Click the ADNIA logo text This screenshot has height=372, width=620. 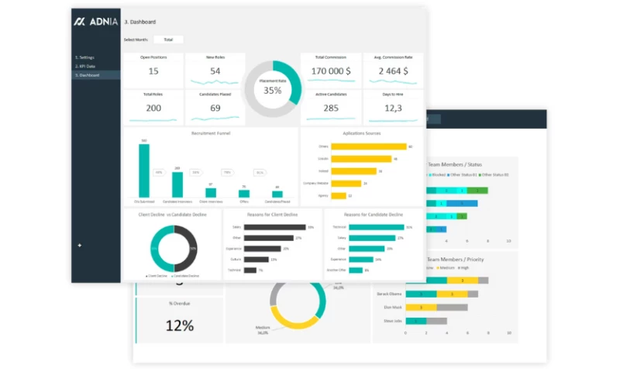point(100,22)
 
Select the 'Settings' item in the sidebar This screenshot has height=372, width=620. point(85,57)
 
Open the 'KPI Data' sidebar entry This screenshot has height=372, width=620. point(85,66)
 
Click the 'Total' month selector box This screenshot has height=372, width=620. point(168,40)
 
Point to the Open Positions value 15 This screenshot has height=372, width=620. point(153,71)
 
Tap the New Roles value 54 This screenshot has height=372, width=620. point(215,71)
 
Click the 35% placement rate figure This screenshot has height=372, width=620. point(273,90)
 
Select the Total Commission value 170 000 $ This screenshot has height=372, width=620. point(331,71)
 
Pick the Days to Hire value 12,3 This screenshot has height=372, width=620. point(394,108)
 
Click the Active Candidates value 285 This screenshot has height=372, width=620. point(331,108)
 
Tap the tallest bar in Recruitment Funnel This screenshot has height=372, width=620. point(144,170)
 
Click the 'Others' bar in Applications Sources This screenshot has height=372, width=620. point(369,146)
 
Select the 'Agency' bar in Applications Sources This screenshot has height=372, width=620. point(339,195)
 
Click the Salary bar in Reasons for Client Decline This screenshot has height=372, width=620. point(274,227)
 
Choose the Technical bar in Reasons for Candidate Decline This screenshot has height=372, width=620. point(376,227)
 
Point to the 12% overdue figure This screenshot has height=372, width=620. point(179,325)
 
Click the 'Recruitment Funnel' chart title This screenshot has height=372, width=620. point(210,133)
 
